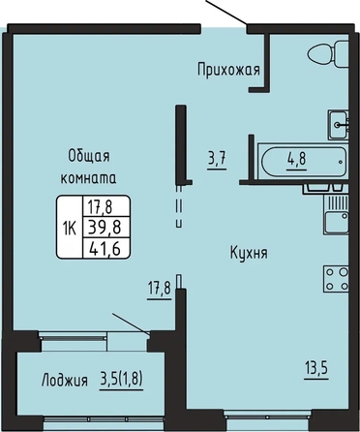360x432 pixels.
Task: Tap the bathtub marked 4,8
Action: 304,162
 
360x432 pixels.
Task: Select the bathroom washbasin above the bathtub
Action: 339,125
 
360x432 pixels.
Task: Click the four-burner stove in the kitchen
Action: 337,279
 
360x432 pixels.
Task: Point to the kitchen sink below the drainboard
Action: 337,222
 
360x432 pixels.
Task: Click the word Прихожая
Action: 228,70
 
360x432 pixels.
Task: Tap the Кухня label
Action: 249,253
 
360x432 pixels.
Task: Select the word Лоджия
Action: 65,380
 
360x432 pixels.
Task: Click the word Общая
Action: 89,156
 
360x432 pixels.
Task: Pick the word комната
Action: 89,178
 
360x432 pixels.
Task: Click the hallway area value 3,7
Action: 217,159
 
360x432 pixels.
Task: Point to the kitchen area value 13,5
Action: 316,368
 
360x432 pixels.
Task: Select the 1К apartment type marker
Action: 70,229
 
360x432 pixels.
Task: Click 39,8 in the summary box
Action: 106,228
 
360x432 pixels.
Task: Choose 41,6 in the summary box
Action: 106,248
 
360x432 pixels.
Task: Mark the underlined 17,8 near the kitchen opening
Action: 160,289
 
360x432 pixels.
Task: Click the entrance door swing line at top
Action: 226,13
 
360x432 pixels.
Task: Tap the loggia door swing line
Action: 131,324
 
